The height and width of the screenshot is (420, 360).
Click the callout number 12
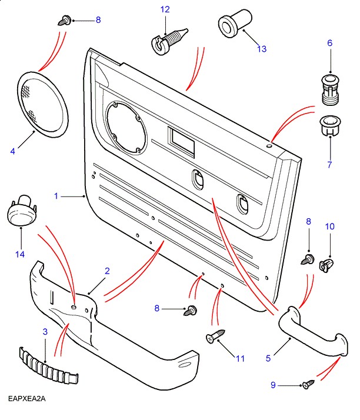(165, 9)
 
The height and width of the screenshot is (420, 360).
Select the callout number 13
(261, 49)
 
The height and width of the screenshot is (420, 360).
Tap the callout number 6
(329, 43)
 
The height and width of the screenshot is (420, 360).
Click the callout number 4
(13, 151)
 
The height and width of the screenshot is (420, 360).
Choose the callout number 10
(329, 226)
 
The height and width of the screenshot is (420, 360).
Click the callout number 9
(273, 385)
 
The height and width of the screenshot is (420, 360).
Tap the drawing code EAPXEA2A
(27, 399)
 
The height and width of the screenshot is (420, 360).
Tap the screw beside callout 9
(308, 385)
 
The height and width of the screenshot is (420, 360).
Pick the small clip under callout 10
(325, 263)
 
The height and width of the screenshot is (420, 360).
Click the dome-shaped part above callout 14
(21, 211)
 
